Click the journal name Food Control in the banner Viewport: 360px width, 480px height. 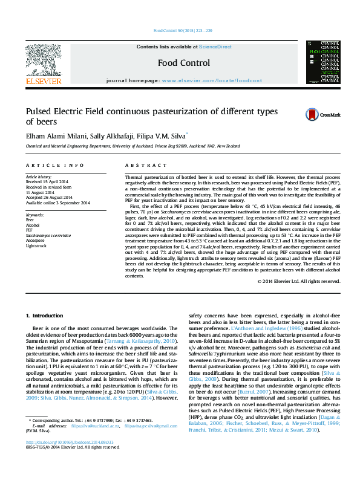coord(184,63)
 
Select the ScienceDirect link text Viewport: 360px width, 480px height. coord(215,47)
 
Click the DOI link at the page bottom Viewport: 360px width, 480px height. coord(69,459)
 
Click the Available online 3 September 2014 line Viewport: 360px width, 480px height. coord(57,203)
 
